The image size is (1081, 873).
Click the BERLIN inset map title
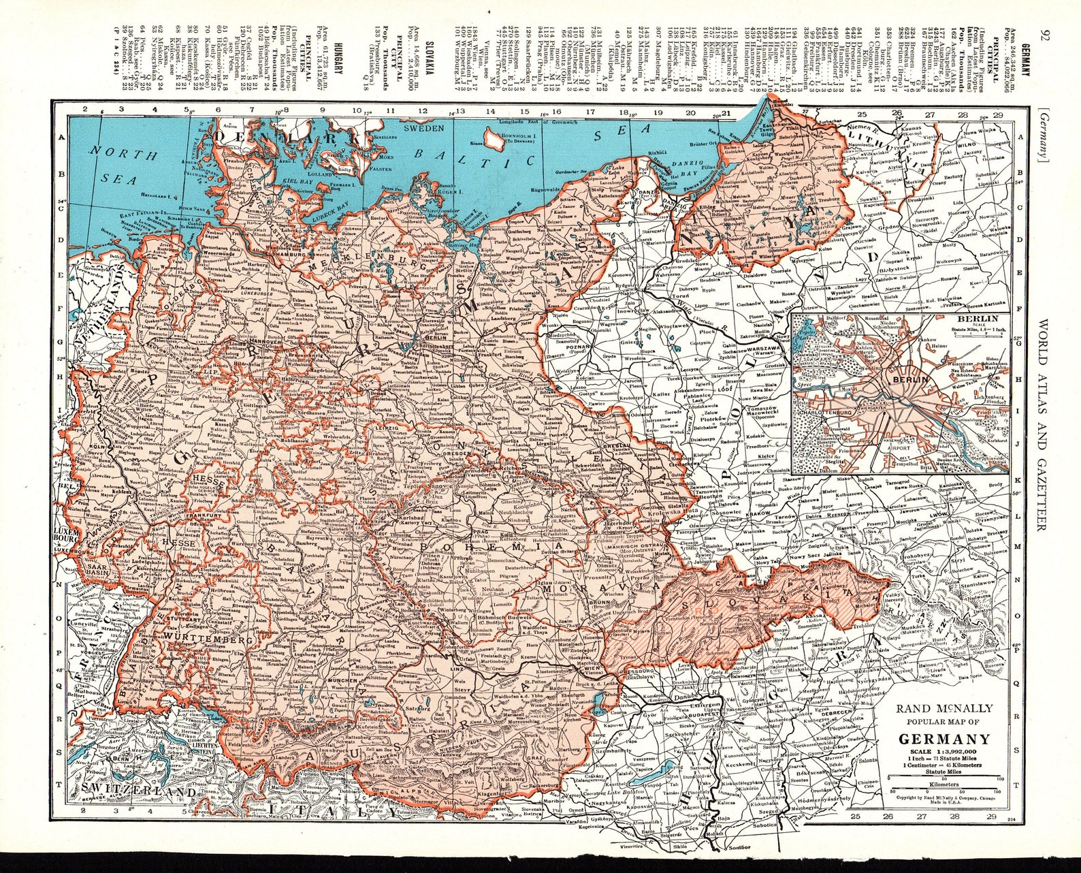tap(976, 319)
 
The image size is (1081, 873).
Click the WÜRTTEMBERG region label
tap(203, 640)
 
